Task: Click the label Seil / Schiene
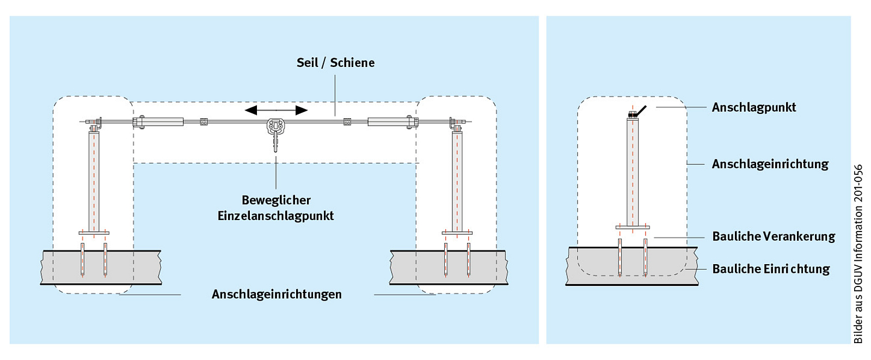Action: point(335,63)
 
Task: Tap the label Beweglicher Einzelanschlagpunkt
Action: point(276,208)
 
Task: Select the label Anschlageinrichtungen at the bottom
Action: point(277,295)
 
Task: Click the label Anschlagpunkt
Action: point(753,107)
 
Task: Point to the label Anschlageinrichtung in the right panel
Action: point(770,164)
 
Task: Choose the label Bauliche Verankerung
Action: point(773,236)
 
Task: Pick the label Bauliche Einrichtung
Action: point(771,269)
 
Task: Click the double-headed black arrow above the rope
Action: point(276,111)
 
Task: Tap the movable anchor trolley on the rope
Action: point(276,127)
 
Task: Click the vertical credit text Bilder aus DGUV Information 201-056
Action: point(858,254)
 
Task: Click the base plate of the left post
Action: point(94,233)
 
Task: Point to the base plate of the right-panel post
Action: point(633,227)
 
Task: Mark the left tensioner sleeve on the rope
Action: point(163,121)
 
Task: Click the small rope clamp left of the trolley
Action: point(204,121)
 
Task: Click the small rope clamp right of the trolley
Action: point(347,121)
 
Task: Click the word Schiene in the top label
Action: point(352,63)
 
